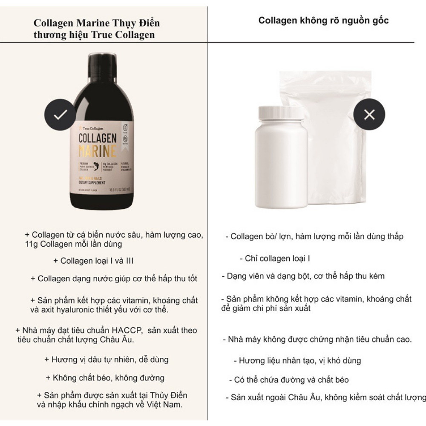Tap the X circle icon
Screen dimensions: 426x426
point(369,114)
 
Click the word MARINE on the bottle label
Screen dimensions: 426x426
point(98,151)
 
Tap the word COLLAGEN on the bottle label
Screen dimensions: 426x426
point(98,139)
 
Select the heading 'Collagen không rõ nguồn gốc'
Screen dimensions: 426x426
point(323,20)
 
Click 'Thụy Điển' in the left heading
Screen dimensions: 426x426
point(141,23)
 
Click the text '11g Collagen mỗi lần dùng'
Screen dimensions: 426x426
point(73,245)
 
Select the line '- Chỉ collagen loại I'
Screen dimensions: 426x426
point(275,259)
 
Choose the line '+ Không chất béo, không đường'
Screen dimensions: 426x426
point(105,378)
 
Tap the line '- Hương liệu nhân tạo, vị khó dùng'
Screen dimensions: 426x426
point(297,361)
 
